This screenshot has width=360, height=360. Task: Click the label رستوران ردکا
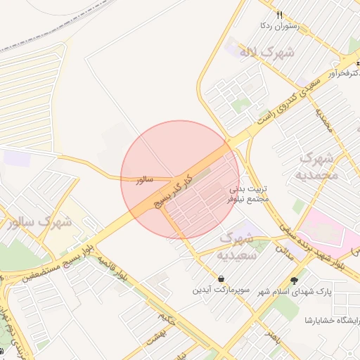pyautogui.click(x=280, y=26)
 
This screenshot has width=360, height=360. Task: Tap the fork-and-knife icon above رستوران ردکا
pyautogui.click(x=280, y=15)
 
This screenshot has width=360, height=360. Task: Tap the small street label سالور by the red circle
pyautogui.click(x=143, y=180)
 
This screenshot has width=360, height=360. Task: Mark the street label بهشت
pyautogui.click(x=154, y=338)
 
